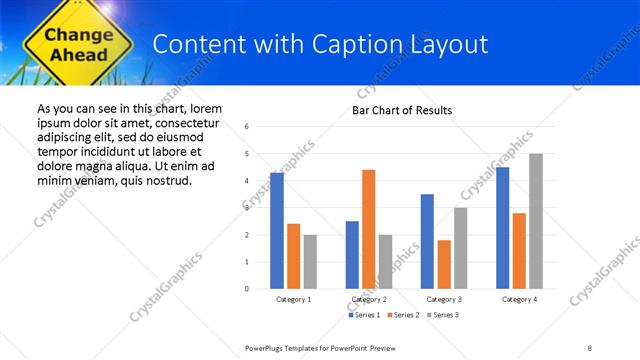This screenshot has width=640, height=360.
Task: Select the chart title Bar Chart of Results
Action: (x=402, y=110)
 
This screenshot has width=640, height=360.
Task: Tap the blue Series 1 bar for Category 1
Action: (x=277, y=231)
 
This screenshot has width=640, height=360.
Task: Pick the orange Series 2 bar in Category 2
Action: (x=368, y=229)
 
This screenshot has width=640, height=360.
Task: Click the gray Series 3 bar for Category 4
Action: (x=536, y=221)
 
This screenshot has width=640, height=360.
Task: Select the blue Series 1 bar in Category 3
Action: (x=427, y=241)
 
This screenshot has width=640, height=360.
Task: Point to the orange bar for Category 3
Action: (x=443, y=264)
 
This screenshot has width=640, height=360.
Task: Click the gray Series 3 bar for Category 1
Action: (x=310, y=261)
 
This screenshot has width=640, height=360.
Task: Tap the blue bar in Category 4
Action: (x=502, y=228)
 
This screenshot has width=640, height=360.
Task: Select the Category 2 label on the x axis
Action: (x=368, y=299)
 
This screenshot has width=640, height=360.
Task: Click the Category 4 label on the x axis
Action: (x=519, y=299)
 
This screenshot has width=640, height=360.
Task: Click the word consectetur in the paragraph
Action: (x=185, y=121)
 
